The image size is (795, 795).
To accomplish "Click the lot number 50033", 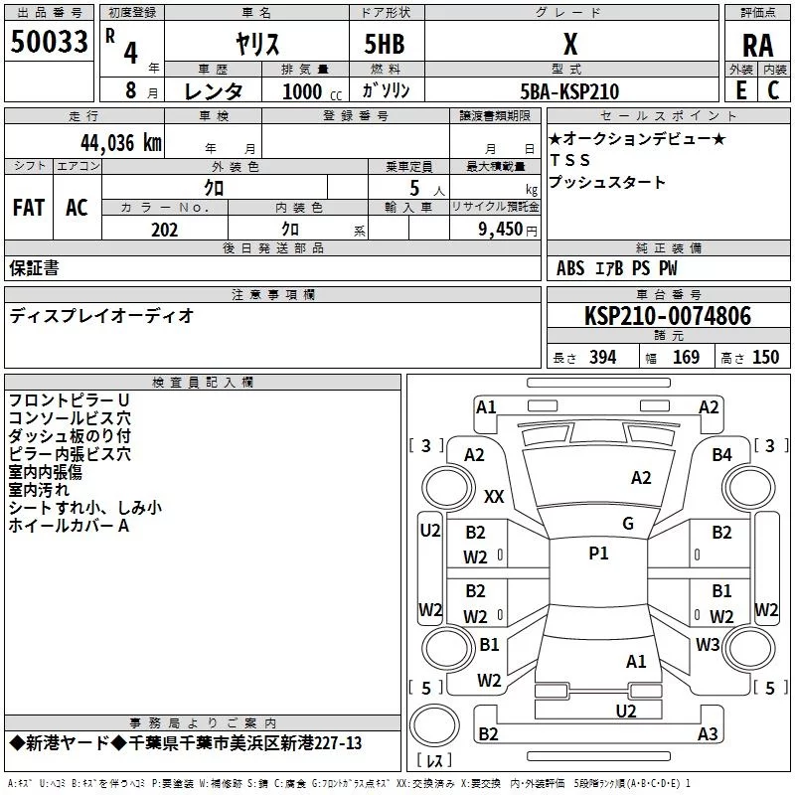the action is (x=50, y=43).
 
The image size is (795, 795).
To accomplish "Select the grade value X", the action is (x=569, y=44).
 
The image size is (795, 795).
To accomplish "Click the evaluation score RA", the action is (x=757, y=45).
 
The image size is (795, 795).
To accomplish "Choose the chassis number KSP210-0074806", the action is (x=668, y=316).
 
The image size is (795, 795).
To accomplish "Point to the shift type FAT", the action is (x=29, y=207).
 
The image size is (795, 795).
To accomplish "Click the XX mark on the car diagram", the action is (x=494, y=496).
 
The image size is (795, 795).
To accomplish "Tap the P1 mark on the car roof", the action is (x=598, y=554).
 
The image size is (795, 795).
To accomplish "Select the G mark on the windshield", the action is (x=627, y=524).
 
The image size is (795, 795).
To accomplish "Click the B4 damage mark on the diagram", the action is (x=722, y=454).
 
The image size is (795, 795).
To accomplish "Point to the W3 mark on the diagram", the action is (x=708, y=644).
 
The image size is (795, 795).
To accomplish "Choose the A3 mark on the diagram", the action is (x=708, y=734).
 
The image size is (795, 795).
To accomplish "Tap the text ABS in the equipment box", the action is (x=570, y=268).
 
